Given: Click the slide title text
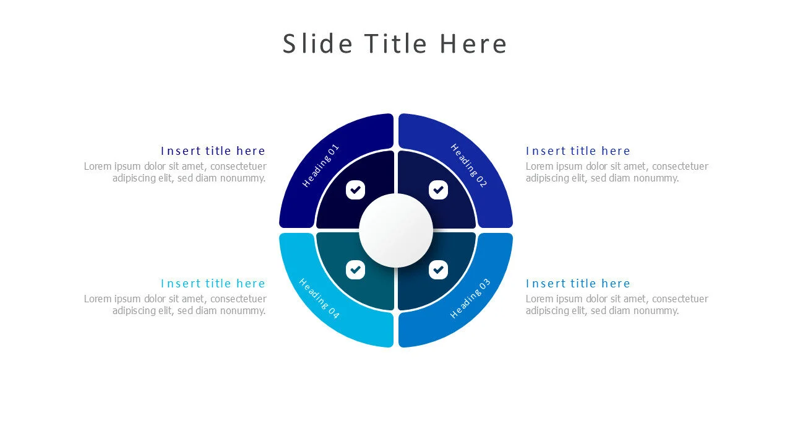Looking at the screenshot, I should [x=395, y=44].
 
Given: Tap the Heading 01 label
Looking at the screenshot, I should [x=321, y=166].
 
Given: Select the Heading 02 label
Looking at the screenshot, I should [x=469, y=165].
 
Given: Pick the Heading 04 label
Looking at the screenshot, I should [x=319, y=299].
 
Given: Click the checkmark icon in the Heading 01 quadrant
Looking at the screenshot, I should [x=355, y=190].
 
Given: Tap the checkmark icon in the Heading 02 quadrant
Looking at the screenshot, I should [x=439, y=190].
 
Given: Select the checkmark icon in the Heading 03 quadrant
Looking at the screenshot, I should [x=439, y=269].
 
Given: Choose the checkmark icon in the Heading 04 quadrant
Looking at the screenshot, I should [x=355, y=269].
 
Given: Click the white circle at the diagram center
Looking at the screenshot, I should [x=396, y=230].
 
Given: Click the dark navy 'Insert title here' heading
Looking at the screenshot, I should [x=213, y=151].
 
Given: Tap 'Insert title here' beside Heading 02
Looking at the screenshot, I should [x=578, y=151].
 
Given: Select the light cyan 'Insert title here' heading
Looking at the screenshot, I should [x=213, y=284].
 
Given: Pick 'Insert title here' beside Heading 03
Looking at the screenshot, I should [x=578, y=284].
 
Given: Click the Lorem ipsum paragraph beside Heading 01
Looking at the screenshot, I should [x=176, y=172].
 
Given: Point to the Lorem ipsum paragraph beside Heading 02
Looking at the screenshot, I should [x=617, y=172].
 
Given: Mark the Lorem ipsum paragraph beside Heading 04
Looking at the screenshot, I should [x=176, y=305].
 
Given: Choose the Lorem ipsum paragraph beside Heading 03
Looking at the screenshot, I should [x=617, y=305].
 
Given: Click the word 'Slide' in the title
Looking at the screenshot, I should [x=317, y=44].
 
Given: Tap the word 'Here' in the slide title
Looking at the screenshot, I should [x=473, y=44].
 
